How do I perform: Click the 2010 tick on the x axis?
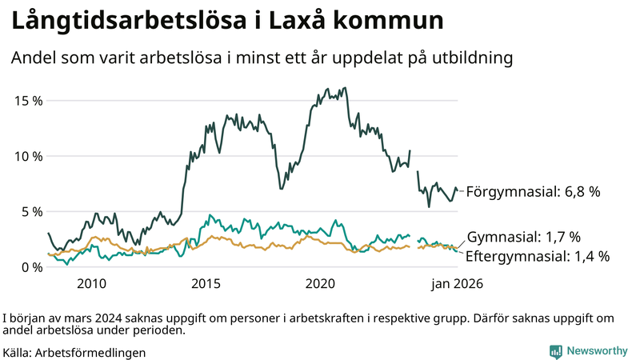(x=91, y=283)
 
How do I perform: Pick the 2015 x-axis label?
(x=206, y=283)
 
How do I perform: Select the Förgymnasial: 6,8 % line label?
(x=533, y=192)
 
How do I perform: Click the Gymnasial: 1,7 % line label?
(x=523, y=237)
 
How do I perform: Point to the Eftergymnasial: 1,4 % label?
(x=538, y=256)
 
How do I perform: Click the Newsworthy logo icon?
(x=554, y=351)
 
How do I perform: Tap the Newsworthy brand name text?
(x=597, y=351)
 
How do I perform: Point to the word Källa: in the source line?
(x=18, y=352)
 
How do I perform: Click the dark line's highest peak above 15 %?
(x=344, y=88)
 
